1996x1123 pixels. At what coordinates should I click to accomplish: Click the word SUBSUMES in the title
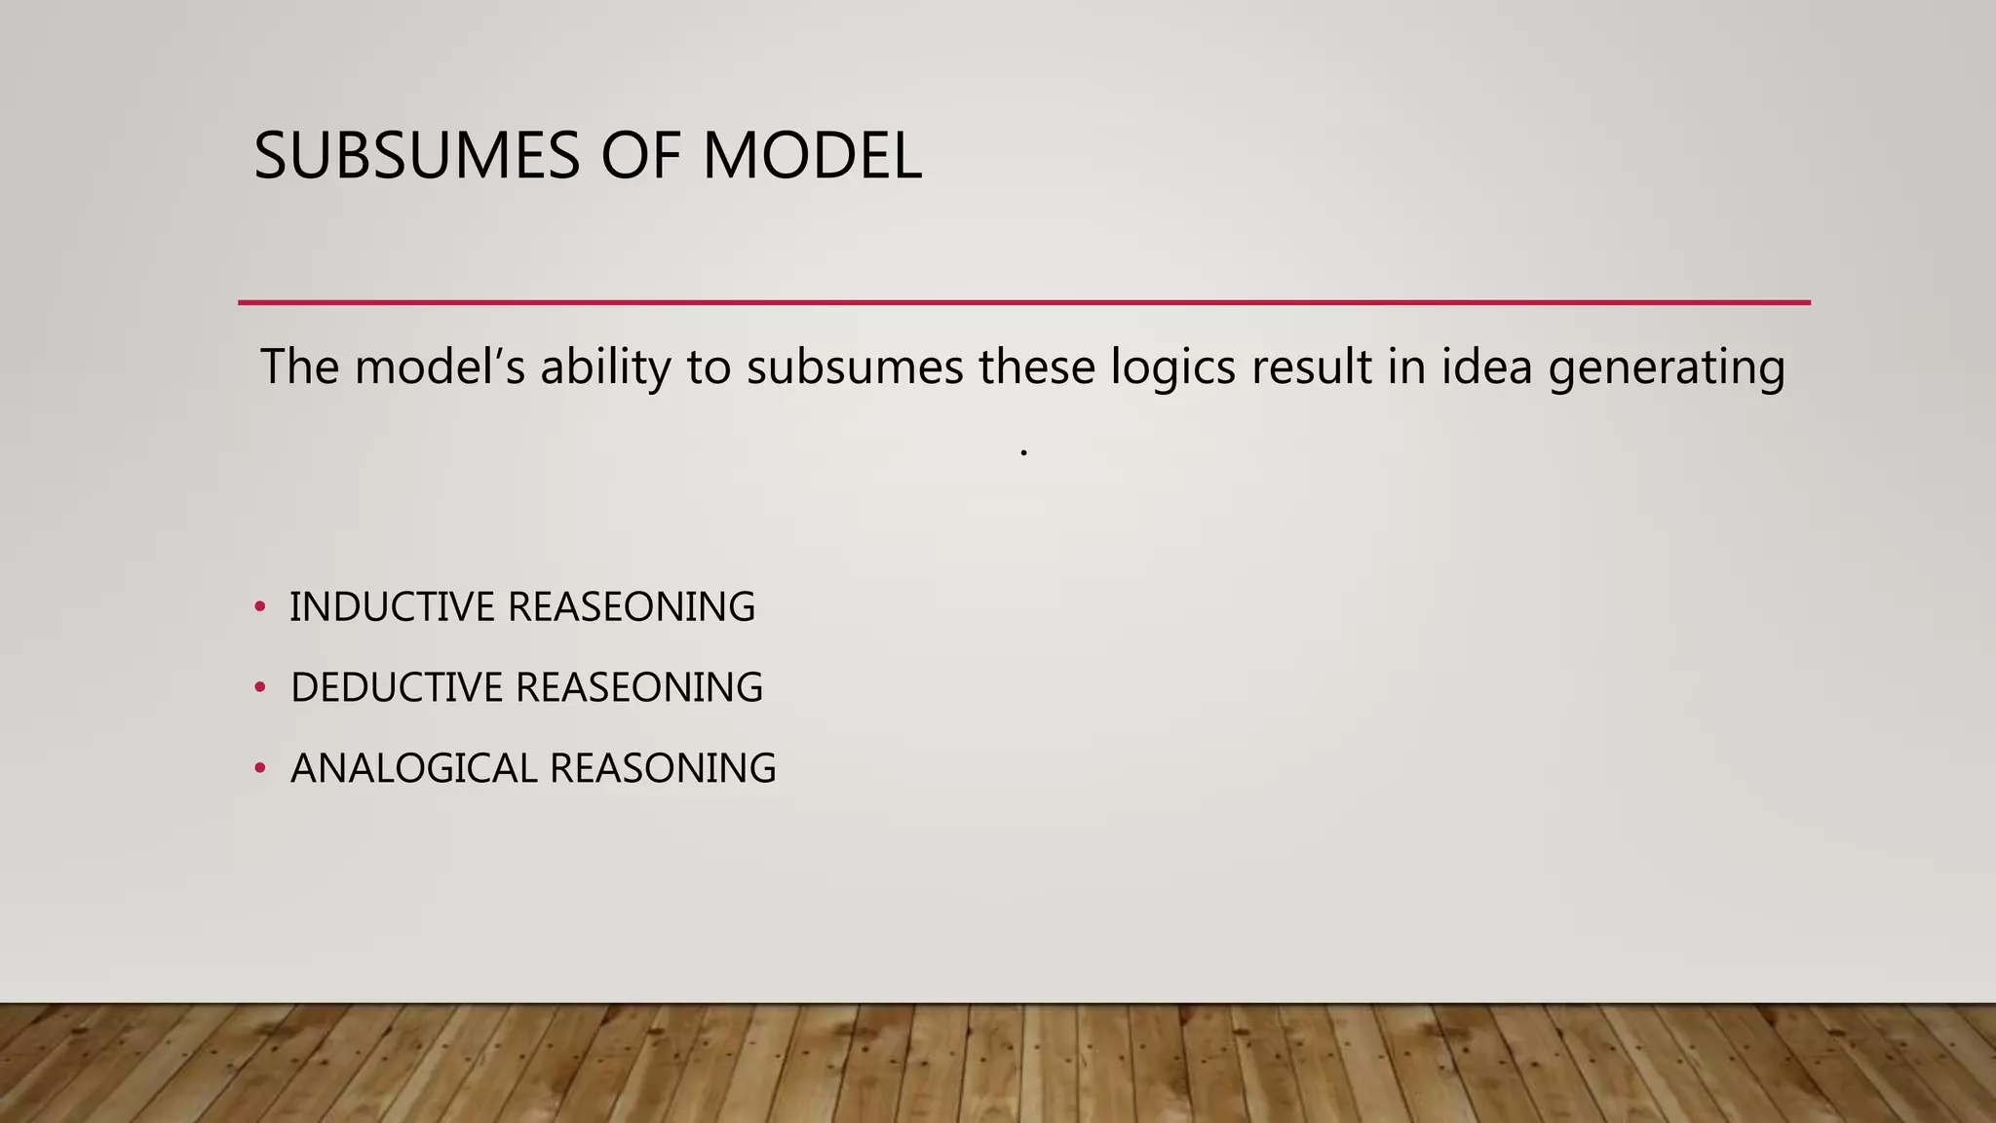click(x=417, y=156)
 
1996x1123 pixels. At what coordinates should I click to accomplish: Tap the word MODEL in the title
click(x=811, y=156)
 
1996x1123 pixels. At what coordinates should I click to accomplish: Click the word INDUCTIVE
click(x=392, y=607)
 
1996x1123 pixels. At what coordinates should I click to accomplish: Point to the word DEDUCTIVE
click(x=396, y=688)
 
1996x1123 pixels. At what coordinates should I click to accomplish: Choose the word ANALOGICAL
click(x=413, y=769)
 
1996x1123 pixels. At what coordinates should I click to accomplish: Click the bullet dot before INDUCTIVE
click(x=259, y=607)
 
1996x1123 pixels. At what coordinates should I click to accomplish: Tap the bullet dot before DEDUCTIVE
click(x=259, y=688)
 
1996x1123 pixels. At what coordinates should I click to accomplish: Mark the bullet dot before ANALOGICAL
click(x=259, y=769)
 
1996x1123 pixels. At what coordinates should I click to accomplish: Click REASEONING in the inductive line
click(x=632, y=607)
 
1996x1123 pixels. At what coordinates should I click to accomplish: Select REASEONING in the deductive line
click(x=638, y=688)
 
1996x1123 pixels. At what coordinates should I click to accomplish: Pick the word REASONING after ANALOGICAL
click(x=663, y=769)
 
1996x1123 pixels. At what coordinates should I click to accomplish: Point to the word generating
click(x=1667, y=368)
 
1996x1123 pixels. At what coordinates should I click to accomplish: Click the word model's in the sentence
click(x=440, y=367)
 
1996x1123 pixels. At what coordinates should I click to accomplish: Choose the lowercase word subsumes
click(x=855, y=367)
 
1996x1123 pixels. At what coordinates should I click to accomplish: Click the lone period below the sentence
click(x=1023, y=452)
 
